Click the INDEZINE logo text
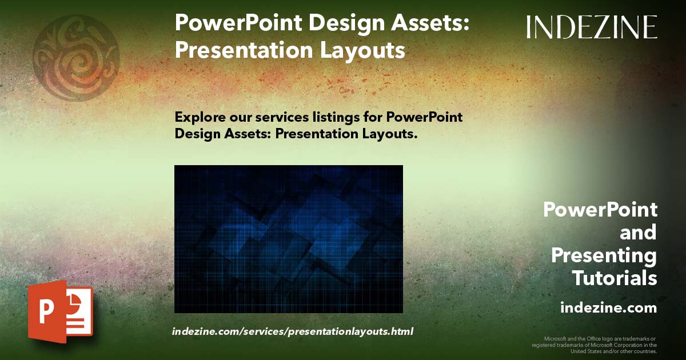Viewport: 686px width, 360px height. [592, 27]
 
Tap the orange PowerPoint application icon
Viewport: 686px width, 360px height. [60, 312]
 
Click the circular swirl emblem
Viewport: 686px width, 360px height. [75, 58]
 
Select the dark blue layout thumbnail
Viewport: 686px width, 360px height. [288, 239]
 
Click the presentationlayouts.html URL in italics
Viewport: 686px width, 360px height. [292, 331]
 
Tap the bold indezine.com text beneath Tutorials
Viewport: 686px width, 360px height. [608, 307]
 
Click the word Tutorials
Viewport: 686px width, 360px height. [615, 278]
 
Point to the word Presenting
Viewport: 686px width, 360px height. [604, 255]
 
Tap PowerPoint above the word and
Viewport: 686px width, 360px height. [600, 210]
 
